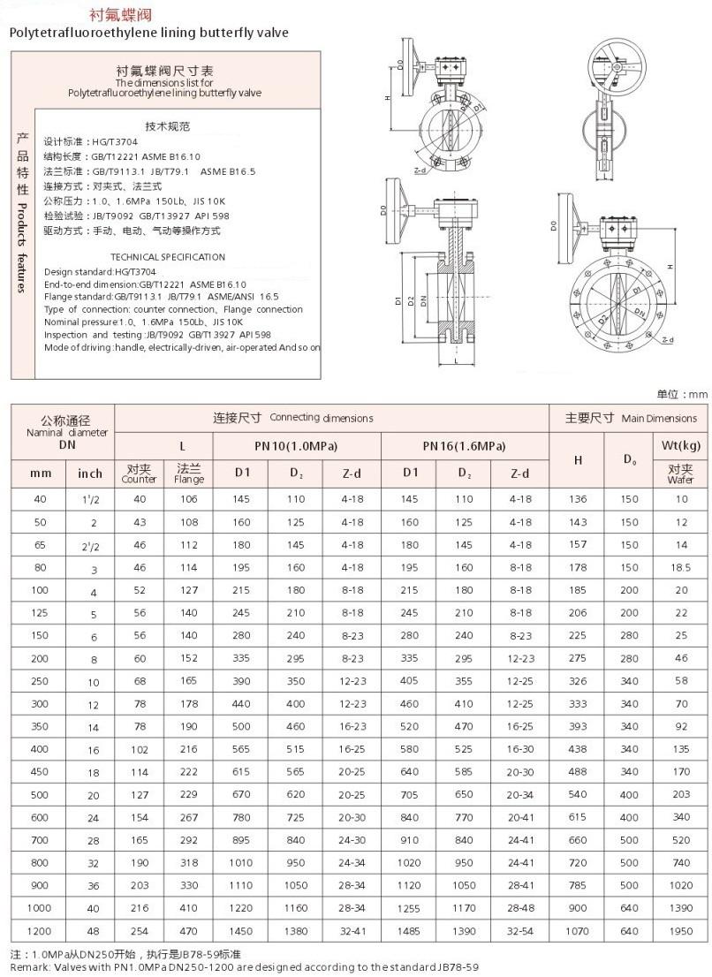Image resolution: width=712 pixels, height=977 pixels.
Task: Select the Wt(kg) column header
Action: pyautogui.click(x=680, y=445)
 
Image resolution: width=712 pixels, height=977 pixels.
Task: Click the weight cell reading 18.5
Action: pyautogui.click(x=680, y=568)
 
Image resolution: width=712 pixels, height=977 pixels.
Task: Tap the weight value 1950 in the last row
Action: pyautogui.click(x=680, y=931)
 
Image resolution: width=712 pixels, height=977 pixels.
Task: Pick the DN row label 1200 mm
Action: pyautogui.click(x=41, y=931)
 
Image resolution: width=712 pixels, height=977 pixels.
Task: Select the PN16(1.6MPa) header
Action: pyautogui.click(x=465, y=445)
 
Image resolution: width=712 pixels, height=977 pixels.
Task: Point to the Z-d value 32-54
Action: pyautogui.click(x=520, y=931)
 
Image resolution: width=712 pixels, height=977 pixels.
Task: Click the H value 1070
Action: pyautogui.click(x=578, y=931)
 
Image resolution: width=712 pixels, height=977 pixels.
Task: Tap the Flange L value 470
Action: pyautogui.click(x=189, y=931)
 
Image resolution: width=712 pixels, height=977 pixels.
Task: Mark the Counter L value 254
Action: pyautogui.click(x=139, y=931)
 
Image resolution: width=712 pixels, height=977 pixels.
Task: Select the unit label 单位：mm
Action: pyautogui.click(x=682, y=394)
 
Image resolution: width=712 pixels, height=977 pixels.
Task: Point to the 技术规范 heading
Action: pyautogui.click(x=167, y=125)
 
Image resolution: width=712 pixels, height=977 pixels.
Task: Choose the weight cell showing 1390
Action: pyautogui.click(x=680, y=908)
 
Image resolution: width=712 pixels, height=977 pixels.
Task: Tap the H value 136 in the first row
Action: pyautogui.click(x=578, y=499)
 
